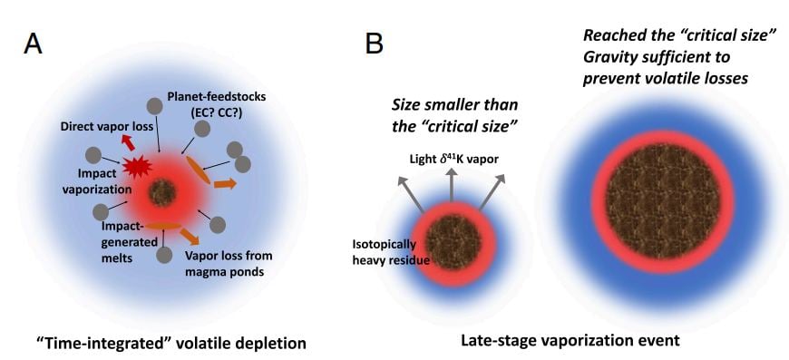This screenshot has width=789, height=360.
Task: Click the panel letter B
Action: tap(373, 43)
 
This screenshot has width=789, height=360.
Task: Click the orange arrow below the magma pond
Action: tap(190, 238)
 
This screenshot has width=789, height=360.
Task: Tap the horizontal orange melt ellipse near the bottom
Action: tap(163, 225)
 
